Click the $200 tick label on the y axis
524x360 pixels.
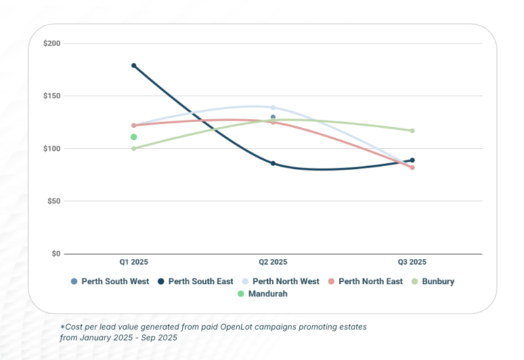tap(52, 43)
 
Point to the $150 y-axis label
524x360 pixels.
tap(52, 96)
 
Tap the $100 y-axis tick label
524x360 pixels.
tap(52, 148)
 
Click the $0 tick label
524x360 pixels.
tap(56, 254)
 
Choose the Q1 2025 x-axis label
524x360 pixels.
tap(134, 262)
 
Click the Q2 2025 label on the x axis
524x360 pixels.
tap(273, 262)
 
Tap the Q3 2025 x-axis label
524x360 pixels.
tap(412, 262)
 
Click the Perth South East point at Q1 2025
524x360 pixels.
tap(134, 66)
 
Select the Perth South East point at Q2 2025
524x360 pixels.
tap(273, 163)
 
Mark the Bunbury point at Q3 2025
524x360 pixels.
tap(412, 131)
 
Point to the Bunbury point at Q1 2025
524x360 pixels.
tap(134, 148)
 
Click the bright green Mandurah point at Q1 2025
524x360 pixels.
tap(134, 137)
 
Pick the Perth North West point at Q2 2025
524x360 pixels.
tap(273, 108)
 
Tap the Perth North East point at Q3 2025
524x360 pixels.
tap(412, 167)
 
